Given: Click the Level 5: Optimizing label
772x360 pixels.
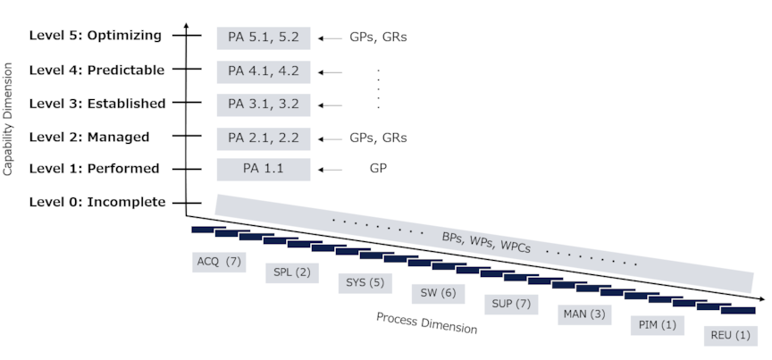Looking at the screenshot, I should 96,36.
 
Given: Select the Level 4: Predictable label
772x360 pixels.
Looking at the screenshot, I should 96,70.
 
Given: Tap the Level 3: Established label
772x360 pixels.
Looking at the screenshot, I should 97,103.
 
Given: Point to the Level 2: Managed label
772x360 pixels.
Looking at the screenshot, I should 89,137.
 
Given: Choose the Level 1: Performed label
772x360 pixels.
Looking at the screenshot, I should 94,168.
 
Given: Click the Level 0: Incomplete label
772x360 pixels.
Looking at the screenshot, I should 97,202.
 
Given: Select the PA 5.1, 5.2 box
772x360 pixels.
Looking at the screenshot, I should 264,38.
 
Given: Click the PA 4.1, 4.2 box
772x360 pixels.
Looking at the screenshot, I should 264,71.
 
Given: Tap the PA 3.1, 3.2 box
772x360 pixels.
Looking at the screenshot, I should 264,104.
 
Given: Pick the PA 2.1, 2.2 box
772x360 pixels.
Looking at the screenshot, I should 264,138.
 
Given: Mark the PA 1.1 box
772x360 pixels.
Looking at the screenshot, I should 264,169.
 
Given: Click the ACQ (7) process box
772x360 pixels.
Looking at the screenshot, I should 219,262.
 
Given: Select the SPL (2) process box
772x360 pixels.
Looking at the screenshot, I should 292,272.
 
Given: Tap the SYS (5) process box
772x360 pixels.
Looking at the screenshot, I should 365,283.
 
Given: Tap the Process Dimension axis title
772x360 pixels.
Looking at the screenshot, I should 426,322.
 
